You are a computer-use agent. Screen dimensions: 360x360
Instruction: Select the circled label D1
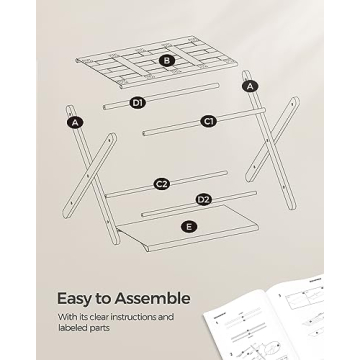139,102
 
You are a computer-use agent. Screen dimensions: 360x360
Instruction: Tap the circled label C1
209,122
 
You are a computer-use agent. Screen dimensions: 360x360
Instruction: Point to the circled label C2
161,184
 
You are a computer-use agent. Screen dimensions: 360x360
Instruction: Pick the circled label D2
203,201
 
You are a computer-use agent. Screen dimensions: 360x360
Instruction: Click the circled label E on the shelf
188,227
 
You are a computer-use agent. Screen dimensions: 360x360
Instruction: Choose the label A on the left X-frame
74,122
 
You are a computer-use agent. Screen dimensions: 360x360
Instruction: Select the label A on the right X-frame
250,86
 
